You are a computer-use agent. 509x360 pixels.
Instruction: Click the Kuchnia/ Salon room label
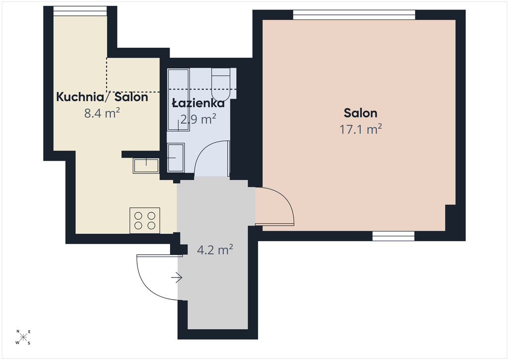point(102,97)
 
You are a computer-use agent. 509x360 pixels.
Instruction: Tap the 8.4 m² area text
point(102,113)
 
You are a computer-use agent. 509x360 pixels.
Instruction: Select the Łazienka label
point(198,103)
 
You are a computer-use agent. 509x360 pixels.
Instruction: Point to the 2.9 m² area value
point(198,119)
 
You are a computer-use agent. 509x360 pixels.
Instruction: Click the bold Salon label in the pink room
point(360,113)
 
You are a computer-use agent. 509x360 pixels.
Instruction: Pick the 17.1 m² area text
point(360,129)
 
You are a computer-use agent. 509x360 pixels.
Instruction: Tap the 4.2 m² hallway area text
point(215,250)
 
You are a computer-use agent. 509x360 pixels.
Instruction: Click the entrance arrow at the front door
point(176,277)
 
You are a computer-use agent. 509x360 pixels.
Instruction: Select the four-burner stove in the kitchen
point(145,220)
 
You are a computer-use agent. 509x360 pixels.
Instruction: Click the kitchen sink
point(146,166)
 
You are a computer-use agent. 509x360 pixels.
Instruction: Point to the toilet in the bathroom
point(221,84)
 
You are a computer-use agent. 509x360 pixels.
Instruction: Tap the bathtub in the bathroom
point(178,100)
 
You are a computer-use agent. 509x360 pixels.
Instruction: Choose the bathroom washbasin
point(175,158)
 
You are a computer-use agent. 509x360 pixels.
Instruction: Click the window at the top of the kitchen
point(80,11)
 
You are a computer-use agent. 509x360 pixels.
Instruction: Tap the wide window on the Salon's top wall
point(354,15)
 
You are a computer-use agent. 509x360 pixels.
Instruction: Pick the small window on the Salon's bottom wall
point(394,236)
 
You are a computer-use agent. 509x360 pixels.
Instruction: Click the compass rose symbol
point(23,337)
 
